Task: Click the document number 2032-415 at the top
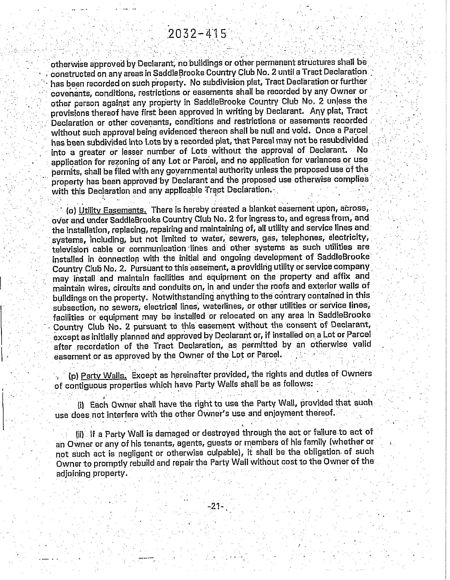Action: point(197,34)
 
